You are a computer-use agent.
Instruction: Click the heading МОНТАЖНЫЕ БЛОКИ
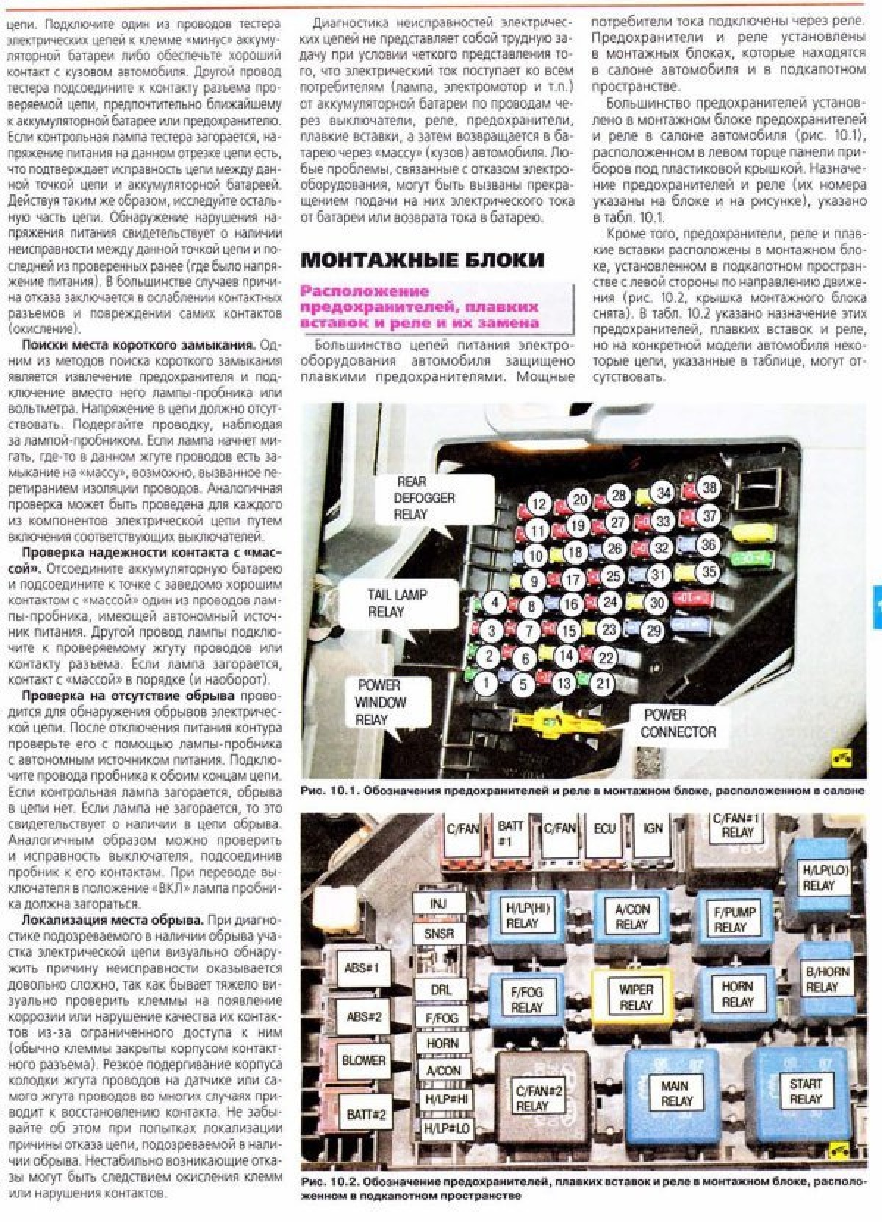(x=423, y=260)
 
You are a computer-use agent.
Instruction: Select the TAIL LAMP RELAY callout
(x=397, y=603)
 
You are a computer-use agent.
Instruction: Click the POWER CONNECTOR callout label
(x=678, y=723)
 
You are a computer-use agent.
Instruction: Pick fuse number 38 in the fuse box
(x=709, y=487)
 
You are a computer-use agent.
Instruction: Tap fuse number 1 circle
(x=485, y=683)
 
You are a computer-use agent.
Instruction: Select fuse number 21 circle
(x=603, y=683)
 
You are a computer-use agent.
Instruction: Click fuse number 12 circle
(x=539, y=504)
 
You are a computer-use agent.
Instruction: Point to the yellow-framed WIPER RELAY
(x=636, y=997)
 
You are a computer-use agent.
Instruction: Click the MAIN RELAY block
(x=675, y=1093)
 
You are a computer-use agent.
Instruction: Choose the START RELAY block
(x=806, y=1092)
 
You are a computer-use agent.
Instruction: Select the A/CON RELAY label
(x=631, y=917)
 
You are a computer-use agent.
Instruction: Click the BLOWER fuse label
(x=363, y=1060)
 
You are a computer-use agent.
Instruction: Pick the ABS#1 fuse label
(x=362, y=968)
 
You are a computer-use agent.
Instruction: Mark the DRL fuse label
(x=441, y=990)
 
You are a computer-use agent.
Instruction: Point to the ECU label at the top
(x=604, y=829)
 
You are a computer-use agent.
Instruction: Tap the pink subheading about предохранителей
(x=420, y=307)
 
